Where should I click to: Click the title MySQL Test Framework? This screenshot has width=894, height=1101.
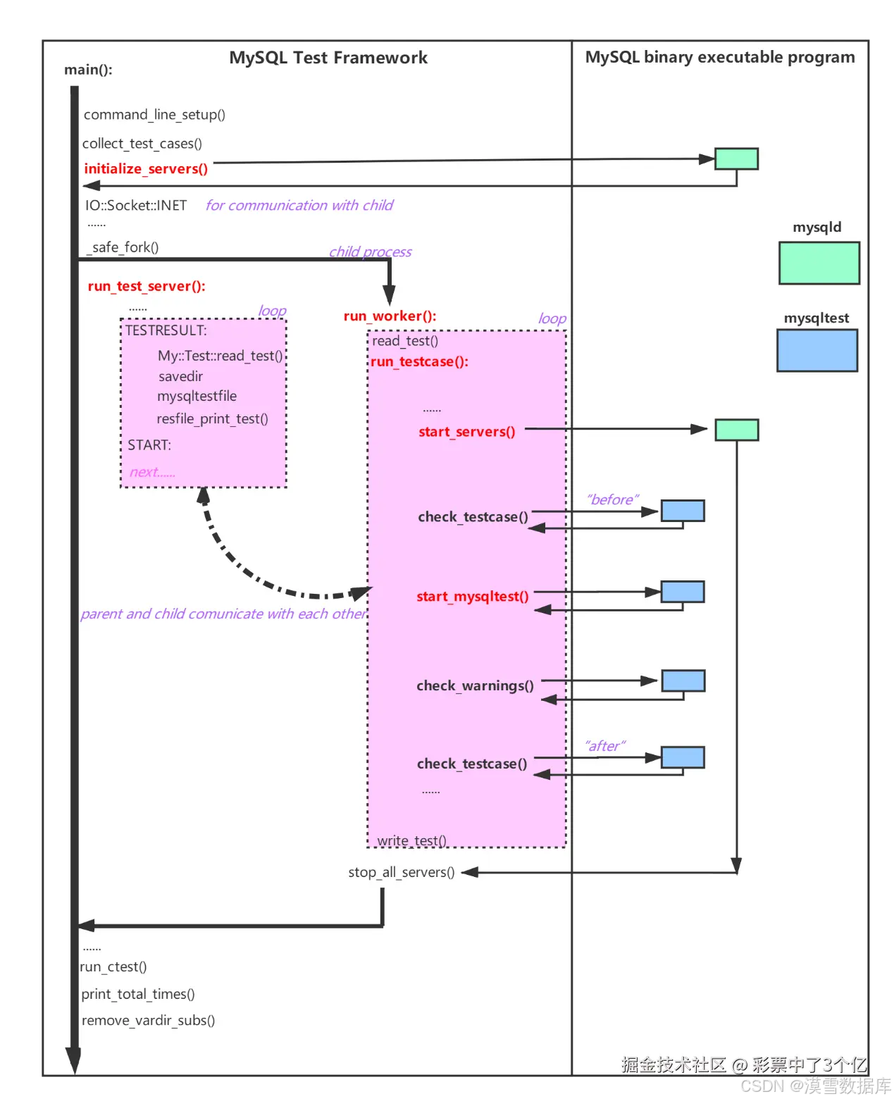point(328,58)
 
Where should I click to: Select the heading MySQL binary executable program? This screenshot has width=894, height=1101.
point(720,57)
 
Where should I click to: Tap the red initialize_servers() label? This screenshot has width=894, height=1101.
point(146,169)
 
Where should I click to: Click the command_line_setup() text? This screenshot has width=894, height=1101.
point(154,115)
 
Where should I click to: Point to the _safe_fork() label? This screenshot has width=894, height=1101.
point(123,247)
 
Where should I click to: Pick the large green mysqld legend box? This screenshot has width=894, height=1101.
point(819,263)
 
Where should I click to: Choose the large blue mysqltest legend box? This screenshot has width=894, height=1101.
point(817,351)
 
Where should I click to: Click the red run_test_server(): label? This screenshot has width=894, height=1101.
point(147,287)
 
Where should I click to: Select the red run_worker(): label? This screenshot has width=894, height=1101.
point(390,316)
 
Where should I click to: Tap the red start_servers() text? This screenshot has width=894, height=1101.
point(466,432)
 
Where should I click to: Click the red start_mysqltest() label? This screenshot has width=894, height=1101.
point(472,597)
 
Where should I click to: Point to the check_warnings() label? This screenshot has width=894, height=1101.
point(475,686)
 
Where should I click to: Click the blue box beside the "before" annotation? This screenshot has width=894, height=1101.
point(683,511)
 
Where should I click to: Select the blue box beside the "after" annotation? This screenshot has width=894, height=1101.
point(683,757)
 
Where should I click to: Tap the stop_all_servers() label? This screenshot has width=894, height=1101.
point(402,873)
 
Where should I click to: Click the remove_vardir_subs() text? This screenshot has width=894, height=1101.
point(148,1021)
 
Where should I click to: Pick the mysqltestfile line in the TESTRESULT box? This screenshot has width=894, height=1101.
point(197,397)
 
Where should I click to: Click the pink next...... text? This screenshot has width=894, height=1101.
point(152,473)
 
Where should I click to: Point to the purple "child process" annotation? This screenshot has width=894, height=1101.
point(370,252)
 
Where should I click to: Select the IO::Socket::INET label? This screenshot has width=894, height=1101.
point(136,206)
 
